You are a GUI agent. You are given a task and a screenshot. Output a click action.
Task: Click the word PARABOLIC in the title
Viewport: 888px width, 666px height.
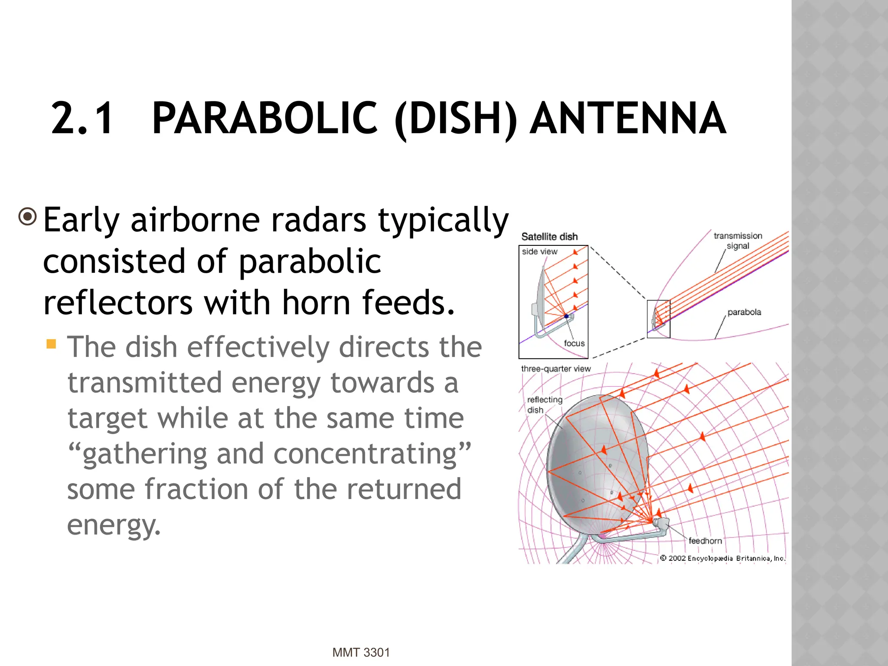265,118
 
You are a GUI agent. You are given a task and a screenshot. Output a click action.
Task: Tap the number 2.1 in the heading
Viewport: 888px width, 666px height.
82,118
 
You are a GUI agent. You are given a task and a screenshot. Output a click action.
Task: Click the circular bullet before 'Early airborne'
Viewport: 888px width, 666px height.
28,216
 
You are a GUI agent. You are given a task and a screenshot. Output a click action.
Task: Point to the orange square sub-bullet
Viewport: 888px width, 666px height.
52,344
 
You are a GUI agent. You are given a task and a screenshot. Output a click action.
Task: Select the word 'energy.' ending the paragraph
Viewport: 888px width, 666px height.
114,525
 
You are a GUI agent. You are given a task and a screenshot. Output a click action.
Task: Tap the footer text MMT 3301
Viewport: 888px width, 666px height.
361,653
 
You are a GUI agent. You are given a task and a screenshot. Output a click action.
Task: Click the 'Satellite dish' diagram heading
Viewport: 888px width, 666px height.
549,237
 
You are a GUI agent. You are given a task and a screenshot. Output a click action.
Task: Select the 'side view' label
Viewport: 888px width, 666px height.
539,251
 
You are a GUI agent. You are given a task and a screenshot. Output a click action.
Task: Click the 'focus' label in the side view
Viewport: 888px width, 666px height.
574,343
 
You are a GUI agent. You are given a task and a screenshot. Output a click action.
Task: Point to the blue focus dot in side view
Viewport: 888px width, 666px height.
566,317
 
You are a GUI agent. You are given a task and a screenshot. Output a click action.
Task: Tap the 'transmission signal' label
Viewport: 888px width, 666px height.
738,241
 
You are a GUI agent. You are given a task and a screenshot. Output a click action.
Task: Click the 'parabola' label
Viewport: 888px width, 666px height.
744,312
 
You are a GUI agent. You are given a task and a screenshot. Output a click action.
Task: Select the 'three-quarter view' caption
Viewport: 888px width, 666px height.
556,369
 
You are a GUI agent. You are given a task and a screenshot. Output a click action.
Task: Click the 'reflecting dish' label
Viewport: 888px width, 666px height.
544,405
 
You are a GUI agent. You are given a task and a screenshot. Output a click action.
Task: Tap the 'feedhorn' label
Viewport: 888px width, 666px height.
705,541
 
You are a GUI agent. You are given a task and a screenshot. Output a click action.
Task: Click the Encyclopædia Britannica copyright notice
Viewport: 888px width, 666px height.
723,558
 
